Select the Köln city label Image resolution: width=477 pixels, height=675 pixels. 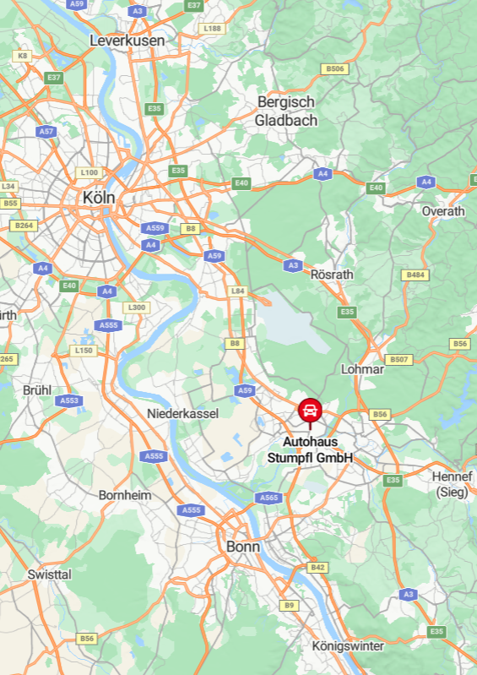tap(99, 197)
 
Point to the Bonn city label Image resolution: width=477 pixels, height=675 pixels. tap(243, 547)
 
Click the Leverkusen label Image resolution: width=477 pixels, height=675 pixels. tap(127, 40)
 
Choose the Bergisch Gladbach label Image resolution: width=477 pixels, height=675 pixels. tap(286, 111)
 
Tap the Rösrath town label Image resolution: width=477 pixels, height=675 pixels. tap(332, 275)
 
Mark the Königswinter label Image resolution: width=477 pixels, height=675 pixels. tap(348, 646)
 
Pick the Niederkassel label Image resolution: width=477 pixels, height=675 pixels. tap(182, 413)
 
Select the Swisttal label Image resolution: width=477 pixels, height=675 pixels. tap(50, 574)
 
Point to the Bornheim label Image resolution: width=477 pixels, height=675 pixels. tap(125, 495)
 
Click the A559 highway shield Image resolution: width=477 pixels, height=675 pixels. tap(155, 228)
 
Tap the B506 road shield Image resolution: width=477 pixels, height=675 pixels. tap(335, 68)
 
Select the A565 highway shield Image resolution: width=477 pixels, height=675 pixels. tap(268, 498)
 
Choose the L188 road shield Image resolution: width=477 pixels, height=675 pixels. tap(211, 28)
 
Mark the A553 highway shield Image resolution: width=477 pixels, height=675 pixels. tap(70, 400)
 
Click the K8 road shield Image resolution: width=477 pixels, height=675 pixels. tap(23, 56)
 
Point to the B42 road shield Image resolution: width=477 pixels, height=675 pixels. tap(317, 568)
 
